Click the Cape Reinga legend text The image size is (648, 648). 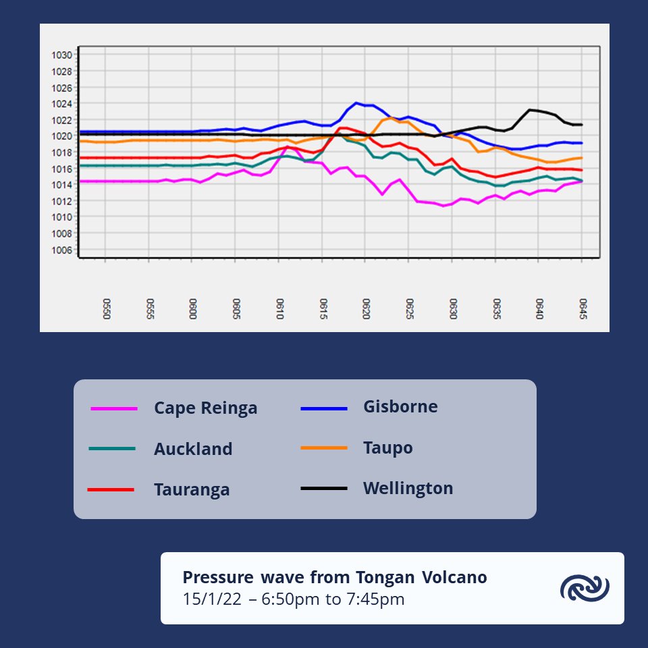pyautogui.click(x=205, y=408)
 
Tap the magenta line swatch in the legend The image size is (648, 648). pyautogui.click(x=113, y=408)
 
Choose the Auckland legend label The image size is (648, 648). pyautogui.click(x=193, y=449)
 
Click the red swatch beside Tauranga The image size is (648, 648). pyautogui.click(x=111, y=489)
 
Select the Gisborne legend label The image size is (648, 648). pyautogui.click(x=400, y=407)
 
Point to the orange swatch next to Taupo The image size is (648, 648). pyautogui.click(x=324, y=448)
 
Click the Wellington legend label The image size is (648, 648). pyautogui.click(x=408, y=488)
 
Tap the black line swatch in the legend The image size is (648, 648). pyautogui.click(x=324, y=488)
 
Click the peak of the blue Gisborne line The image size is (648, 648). pyautogui.click(x=356, y=103)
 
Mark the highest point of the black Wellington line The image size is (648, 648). pyautogui.click(x=530, y=109)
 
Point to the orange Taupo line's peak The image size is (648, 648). pyautogui.click(x=391, y=117)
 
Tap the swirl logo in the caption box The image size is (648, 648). pyautogui.click(x=585, y=588)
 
